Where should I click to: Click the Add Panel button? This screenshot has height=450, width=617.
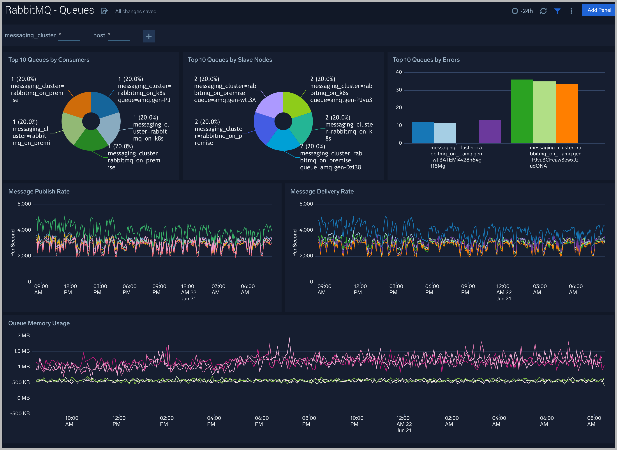(599, 10)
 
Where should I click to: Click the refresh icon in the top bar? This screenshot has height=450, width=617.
(543, 11)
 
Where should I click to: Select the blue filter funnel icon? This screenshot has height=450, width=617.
(557, 11)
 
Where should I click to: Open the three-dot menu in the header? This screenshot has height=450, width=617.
(571, 11)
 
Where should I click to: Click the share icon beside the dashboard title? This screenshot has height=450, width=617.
(104, 11)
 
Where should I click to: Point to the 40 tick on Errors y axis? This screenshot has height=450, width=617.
(398, 72)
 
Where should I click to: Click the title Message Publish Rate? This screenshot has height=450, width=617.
(39, 192)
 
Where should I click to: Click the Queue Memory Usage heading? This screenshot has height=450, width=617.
(39, 323)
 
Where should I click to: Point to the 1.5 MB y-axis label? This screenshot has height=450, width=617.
(22, 351)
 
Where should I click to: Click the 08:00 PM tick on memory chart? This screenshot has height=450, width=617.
(309, 421)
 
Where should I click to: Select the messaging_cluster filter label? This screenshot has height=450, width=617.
(30, 35)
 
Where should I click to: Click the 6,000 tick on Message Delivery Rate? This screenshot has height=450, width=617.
(306, 204)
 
